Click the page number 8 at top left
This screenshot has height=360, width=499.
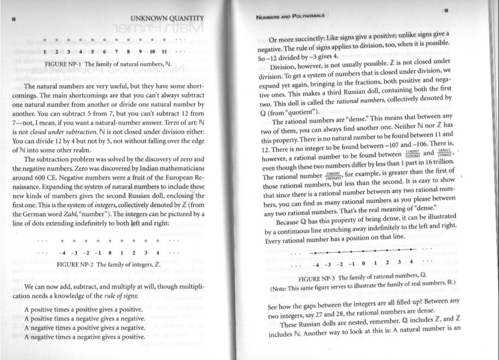tap(13, 20)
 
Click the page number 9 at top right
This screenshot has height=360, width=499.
tap(446, 10)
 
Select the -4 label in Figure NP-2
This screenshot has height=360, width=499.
tap(64, 252)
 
